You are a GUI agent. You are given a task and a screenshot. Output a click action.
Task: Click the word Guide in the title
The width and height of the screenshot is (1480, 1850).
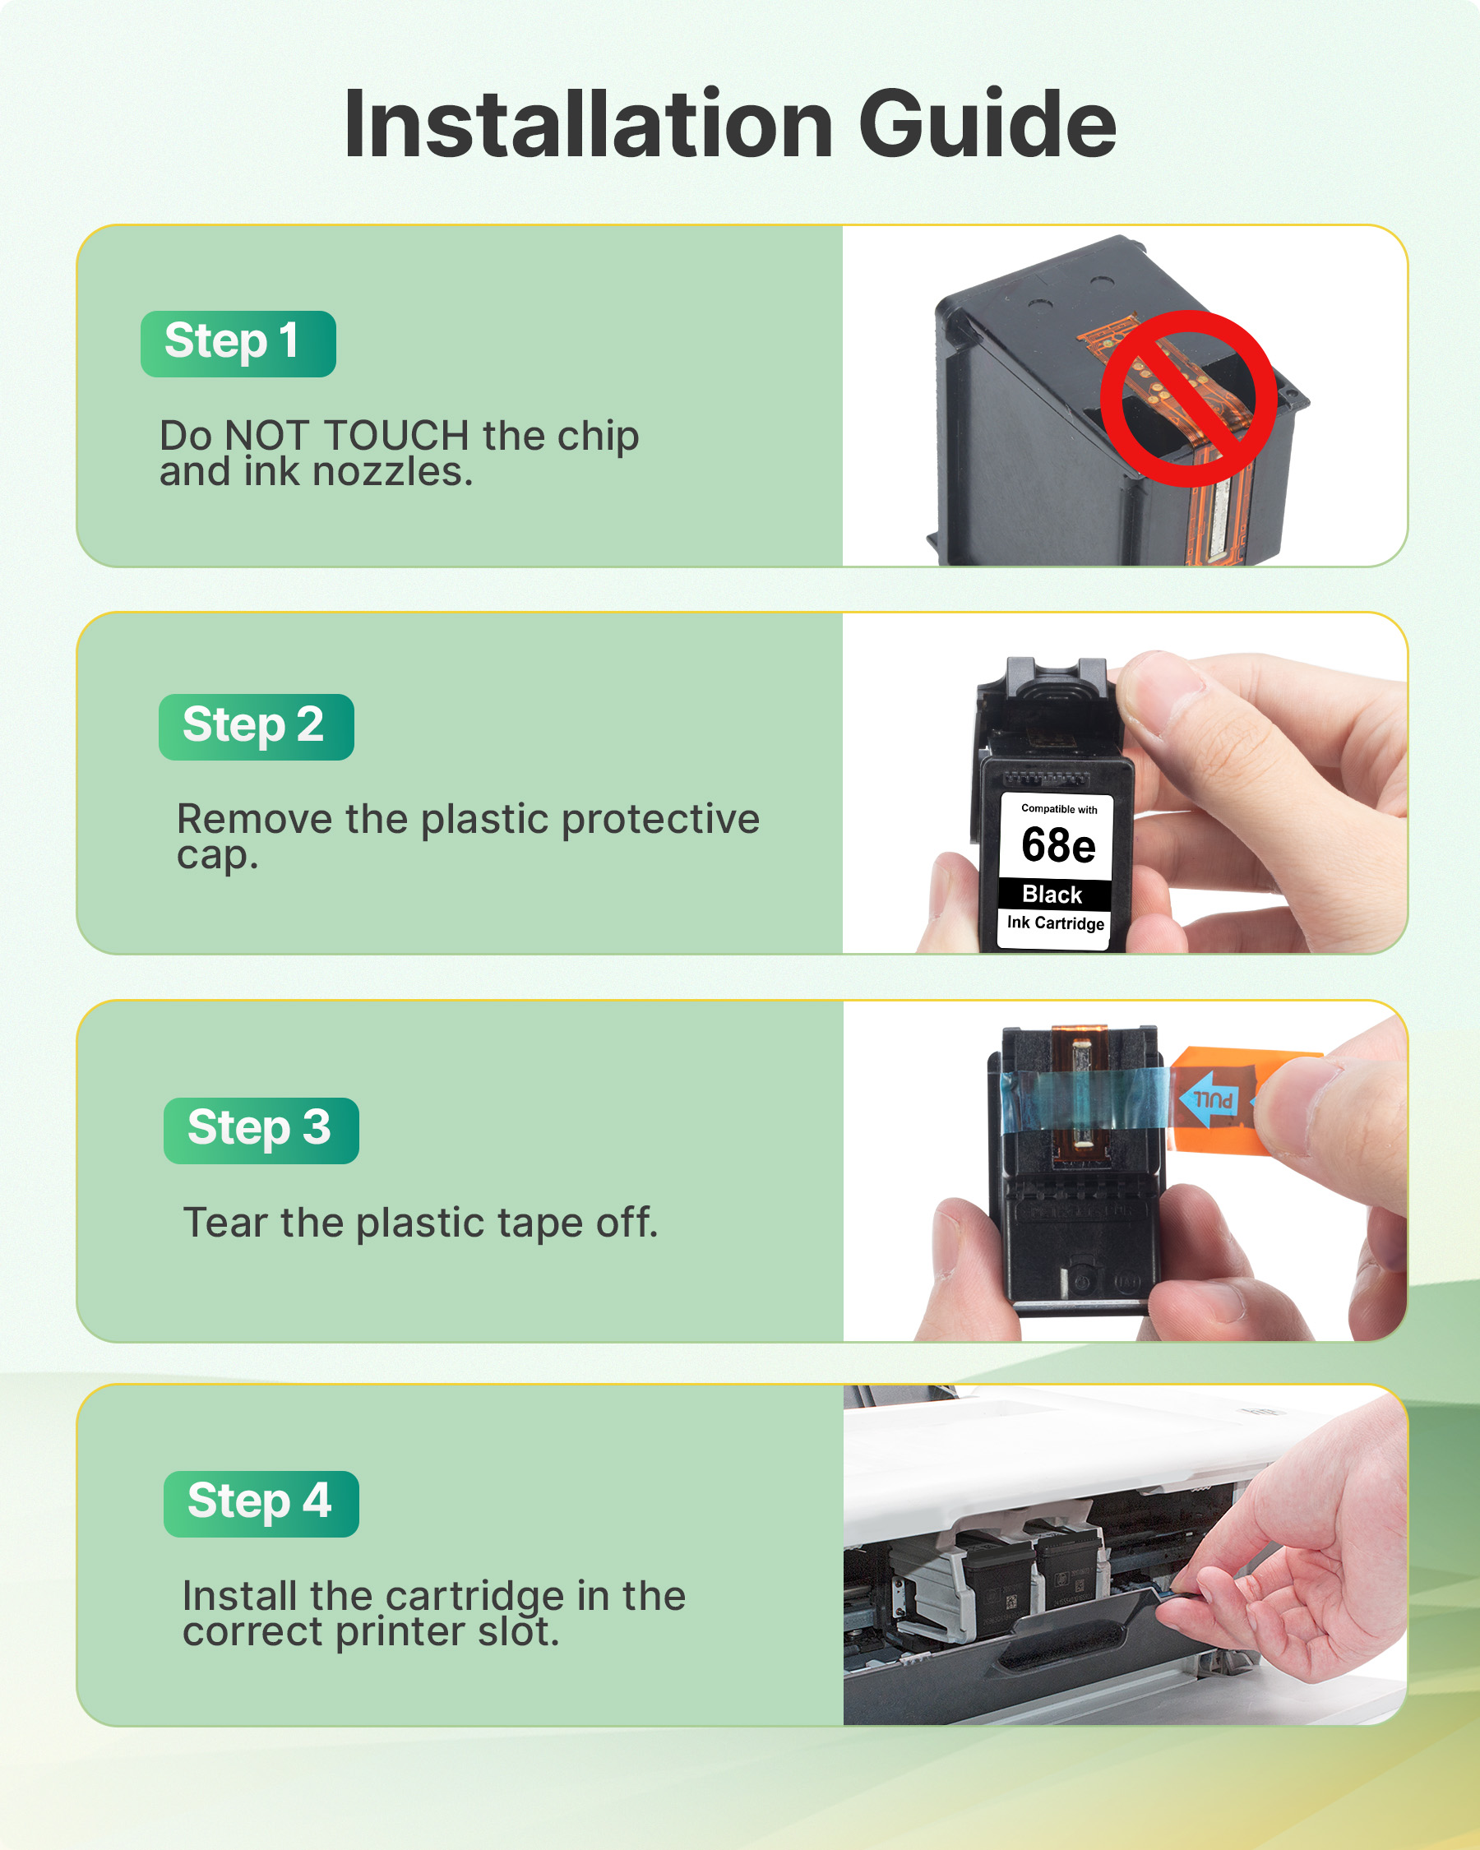click(x=987, y=124)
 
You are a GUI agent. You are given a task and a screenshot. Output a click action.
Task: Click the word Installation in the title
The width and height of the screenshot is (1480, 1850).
click(x=588, y=124)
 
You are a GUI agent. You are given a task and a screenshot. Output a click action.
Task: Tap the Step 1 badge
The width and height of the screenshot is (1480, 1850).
click(x=238, y=343)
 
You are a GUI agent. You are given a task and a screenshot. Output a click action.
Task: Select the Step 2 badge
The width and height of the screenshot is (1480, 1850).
click(x=256, y=727)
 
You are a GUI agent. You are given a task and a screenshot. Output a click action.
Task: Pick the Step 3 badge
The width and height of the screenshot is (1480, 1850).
click(x=261, y=1130)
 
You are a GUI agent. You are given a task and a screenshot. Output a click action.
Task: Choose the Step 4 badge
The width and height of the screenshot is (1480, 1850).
click(x=261, y=1503)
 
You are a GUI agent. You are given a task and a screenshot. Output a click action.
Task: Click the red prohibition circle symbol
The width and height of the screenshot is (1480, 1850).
click(x=1188, y=398)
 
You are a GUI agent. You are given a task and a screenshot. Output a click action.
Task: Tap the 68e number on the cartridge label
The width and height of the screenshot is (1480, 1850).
click(x=1058, y=846)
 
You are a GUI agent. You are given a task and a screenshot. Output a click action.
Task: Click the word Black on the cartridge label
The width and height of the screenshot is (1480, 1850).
click(x=1052, y=894)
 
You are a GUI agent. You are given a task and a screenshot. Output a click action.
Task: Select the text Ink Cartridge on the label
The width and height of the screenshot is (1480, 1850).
click(x=1055, y=923)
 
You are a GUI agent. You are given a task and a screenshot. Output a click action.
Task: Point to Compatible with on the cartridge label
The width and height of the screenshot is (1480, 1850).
click(x=1059, y=808)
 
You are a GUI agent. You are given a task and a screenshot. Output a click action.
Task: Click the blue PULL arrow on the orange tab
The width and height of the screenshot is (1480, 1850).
click(x=1209, y=1098)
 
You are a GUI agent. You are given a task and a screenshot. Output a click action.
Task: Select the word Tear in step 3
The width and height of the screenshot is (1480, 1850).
click(x=224, y=1223)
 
